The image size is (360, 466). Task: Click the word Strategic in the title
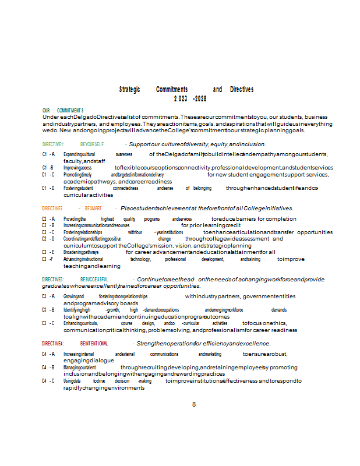pyautogui.click(x=129, y=90)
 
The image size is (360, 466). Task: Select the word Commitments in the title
pyautogui.click(x=172, y=90)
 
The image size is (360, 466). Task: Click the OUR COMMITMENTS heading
pyautogui.click(x=63, y=110)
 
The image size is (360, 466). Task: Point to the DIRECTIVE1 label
pyautogui.click(x=53, y=144)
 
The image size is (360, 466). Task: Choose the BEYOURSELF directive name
pyautogui.click(x=92, y=144)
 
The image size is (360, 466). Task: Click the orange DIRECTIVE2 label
pyautogui.click(x=52, y=208)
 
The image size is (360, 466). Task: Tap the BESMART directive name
pyautogui.click(x=93, y=208)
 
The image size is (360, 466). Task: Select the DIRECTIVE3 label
pyautogui.click(x=52, y=280)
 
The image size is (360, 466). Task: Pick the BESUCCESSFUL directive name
pyautogui.click(x=94, y=280)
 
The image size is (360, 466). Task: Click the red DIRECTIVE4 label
pyautogui.click(x=52, y=344)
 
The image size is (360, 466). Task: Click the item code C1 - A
pyautogui.click(x=48, y=154)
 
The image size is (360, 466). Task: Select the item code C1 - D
pyautogui.click(x=48, y=188)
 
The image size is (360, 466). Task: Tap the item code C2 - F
pyautogui.click(x=48, y=259)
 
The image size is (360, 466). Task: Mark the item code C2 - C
pyautogui.click(x=48, y=232)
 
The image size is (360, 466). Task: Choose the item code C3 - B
pyautogui.click(x=48, y=310)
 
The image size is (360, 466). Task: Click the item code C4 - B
pyautogui.click(x=48, y=368)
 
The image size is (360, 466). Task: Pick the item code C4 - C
pyautogui.click(x=48, y=381)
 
